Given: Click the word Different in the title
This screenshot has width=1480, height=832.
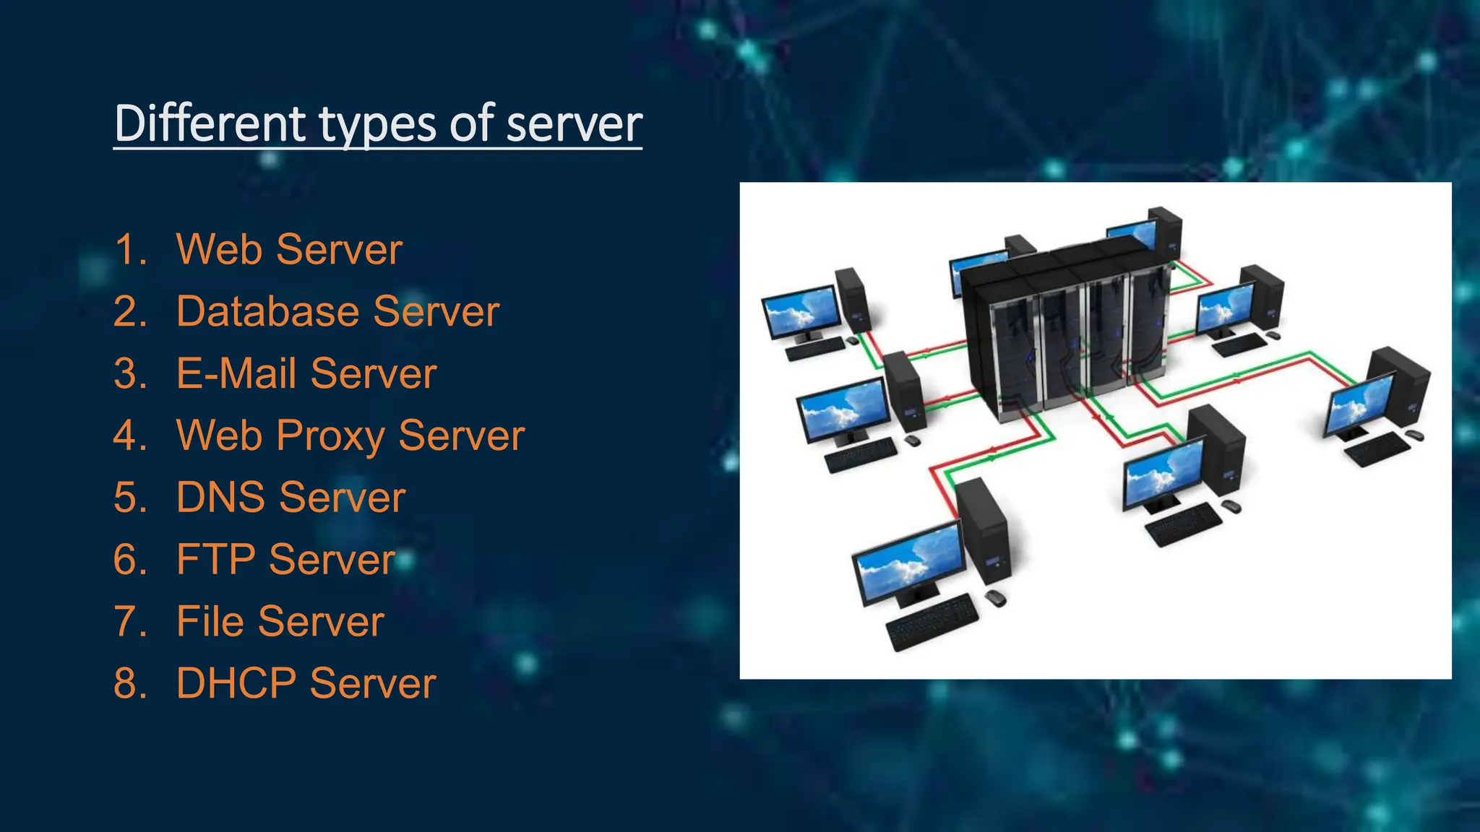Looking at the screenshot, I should [210, 123].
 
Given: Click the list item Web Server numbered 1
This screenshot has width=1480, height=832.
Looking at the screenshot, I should [289, 249].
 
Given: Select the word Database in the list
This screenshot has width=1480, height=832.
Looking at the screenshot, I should [267, 311].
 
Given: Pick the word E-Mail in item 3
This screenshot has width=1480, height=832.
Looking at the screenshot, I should [236, 373].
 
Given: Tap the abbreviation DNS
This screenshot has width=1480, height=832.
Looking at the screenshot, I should [220, 498].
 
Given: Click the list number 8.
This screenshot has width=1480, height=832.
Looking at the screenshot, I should [129, 683].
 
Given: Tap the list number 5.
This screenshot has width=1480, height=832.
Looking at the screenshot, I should [129, 498].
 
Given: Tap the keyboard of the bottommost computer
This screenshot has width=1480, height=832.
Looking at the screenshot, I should [932, 621].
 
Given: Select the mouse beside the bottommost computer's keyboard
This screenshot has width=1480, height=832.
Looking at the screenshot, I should [995, 598].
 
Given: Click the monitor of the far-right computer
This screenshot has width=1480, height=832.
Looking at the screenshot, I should [1359, 404].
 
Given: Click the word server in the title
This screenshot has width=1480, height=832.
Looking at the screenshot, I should [574, 123].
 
